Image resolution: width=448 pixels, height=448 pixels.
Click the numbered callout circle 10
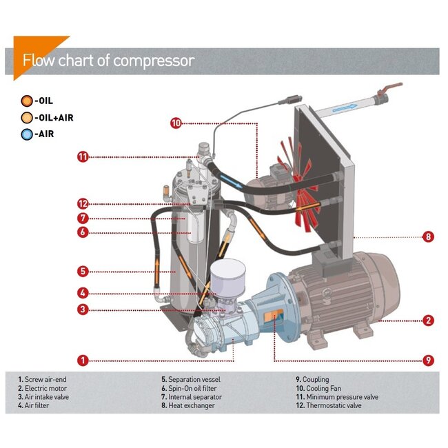(x=176, y=123)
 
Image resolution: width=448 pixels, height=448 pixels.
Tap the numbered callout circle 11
(x=83, y=157)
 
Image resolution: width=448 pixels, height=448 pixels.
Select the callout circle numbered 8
(x=428, y=236)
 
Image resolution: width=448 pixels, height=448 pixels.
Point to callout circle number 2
(x=428, y=320)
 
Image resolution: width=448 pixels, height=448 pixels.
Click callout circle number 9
(x=428, y=360)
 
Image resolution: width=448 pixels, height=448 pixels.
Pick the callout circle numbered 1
(x=83, y=360)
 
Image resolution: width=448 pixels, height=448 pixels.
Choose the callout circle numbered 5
(x=83, y=271)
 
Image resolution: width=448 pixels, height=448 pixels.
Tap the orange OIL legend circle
(x=26, y=101)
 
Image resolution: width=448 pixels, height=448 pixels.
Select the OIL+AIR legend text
(x=53, y=118)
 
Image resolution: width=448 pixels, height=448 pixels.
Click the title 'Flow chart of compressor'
(x=108, y=61)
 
